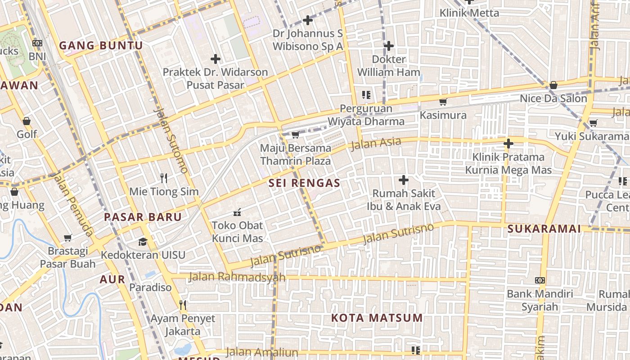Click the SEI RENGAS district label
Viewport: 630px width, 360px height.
304,183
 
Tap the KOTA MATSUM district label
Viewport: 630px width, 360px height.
377,318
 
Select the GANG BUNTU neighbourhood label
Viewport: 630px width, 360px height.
101,45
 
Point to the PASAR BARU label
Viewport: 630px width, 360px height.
143,217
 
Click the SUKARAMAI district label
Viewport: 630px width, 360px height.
544,229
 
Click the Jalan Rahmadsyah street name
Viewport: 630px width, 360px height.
237,277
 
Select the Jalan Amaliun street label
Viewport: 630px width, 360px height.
262,352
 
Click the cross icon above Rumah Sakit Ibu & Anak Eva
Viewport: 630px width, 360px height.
404,180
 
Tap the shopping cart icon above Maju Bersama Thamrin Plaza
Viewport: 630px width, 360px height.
296,135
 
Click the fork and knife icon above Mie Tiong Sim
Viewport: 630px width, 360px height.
164,178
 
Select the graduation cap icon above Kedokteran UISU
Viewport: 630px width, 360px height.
143,241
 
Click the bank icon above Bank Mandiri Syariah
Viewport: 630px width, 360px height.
540,280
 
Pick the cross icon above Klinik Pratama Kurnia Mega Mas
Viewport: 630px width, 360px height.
508,144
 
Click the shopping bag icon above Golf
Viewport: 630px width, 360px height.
27,121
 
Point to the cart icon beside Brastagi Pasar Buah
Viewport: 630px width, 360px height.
67,238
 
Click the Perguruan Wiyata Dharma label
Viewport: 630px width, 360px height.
365,115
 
